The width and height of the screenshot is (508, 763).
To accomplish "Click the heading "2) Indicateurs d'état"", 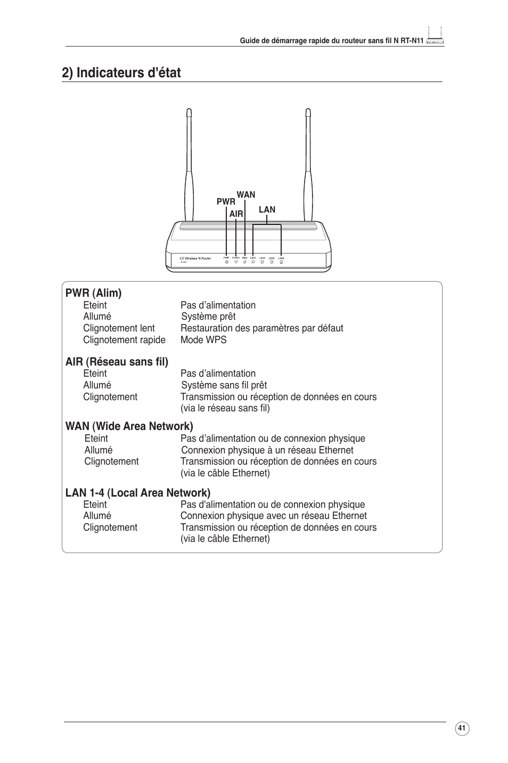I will click(x=121, y=72).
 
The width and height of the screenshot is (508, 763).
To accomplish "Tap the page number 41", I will click(x=462, y=728).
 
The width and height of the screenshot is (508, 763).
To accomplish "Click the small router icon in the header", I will click(x=435, y=37).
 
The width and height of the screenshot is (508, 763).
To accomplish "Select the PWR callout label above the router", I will click(x=226, y=202).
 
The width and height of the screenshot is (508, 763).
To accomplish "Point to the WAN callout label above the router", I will click(x=246, y=194).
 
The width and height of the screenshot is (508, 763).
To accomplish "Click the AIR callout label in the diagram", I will click(x=236, y=214).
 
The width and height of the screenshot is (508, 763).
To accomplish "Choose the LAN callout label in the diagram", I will click(x=267, y=210).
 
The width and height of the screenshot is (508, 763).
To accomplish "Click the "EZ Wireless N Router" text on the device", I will click(x=195, y=258).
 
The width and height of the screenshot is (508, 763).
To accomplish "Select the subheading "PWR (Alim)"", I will click(x=94, y=293).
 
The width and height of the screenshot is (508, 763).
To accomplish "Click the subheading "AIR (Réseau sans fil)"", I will click(x=117, y=362).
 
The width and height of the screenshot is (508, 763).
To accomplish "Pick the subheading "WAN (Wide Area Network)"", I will click(x=129, y=426).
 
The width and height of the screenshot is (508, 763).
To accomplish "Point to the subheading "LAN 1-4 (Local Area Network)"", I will click(x=138, y=492).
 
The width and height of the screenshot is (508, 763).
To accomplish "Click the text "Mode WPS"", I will click(x=203, y=340).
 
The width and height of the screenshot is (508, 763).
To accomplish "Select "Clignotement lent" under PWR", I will click(x=119, y=328).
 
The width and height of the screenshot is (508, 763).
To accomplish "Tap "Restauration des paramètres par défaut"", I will click(x=261, y=328).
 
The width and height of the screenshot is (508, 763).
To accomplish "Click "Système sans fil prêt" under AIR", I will click(x=224, y=385).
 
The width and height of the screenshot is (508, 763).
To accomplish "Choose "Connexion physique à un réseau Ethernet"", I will click(x=267, y=450).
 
